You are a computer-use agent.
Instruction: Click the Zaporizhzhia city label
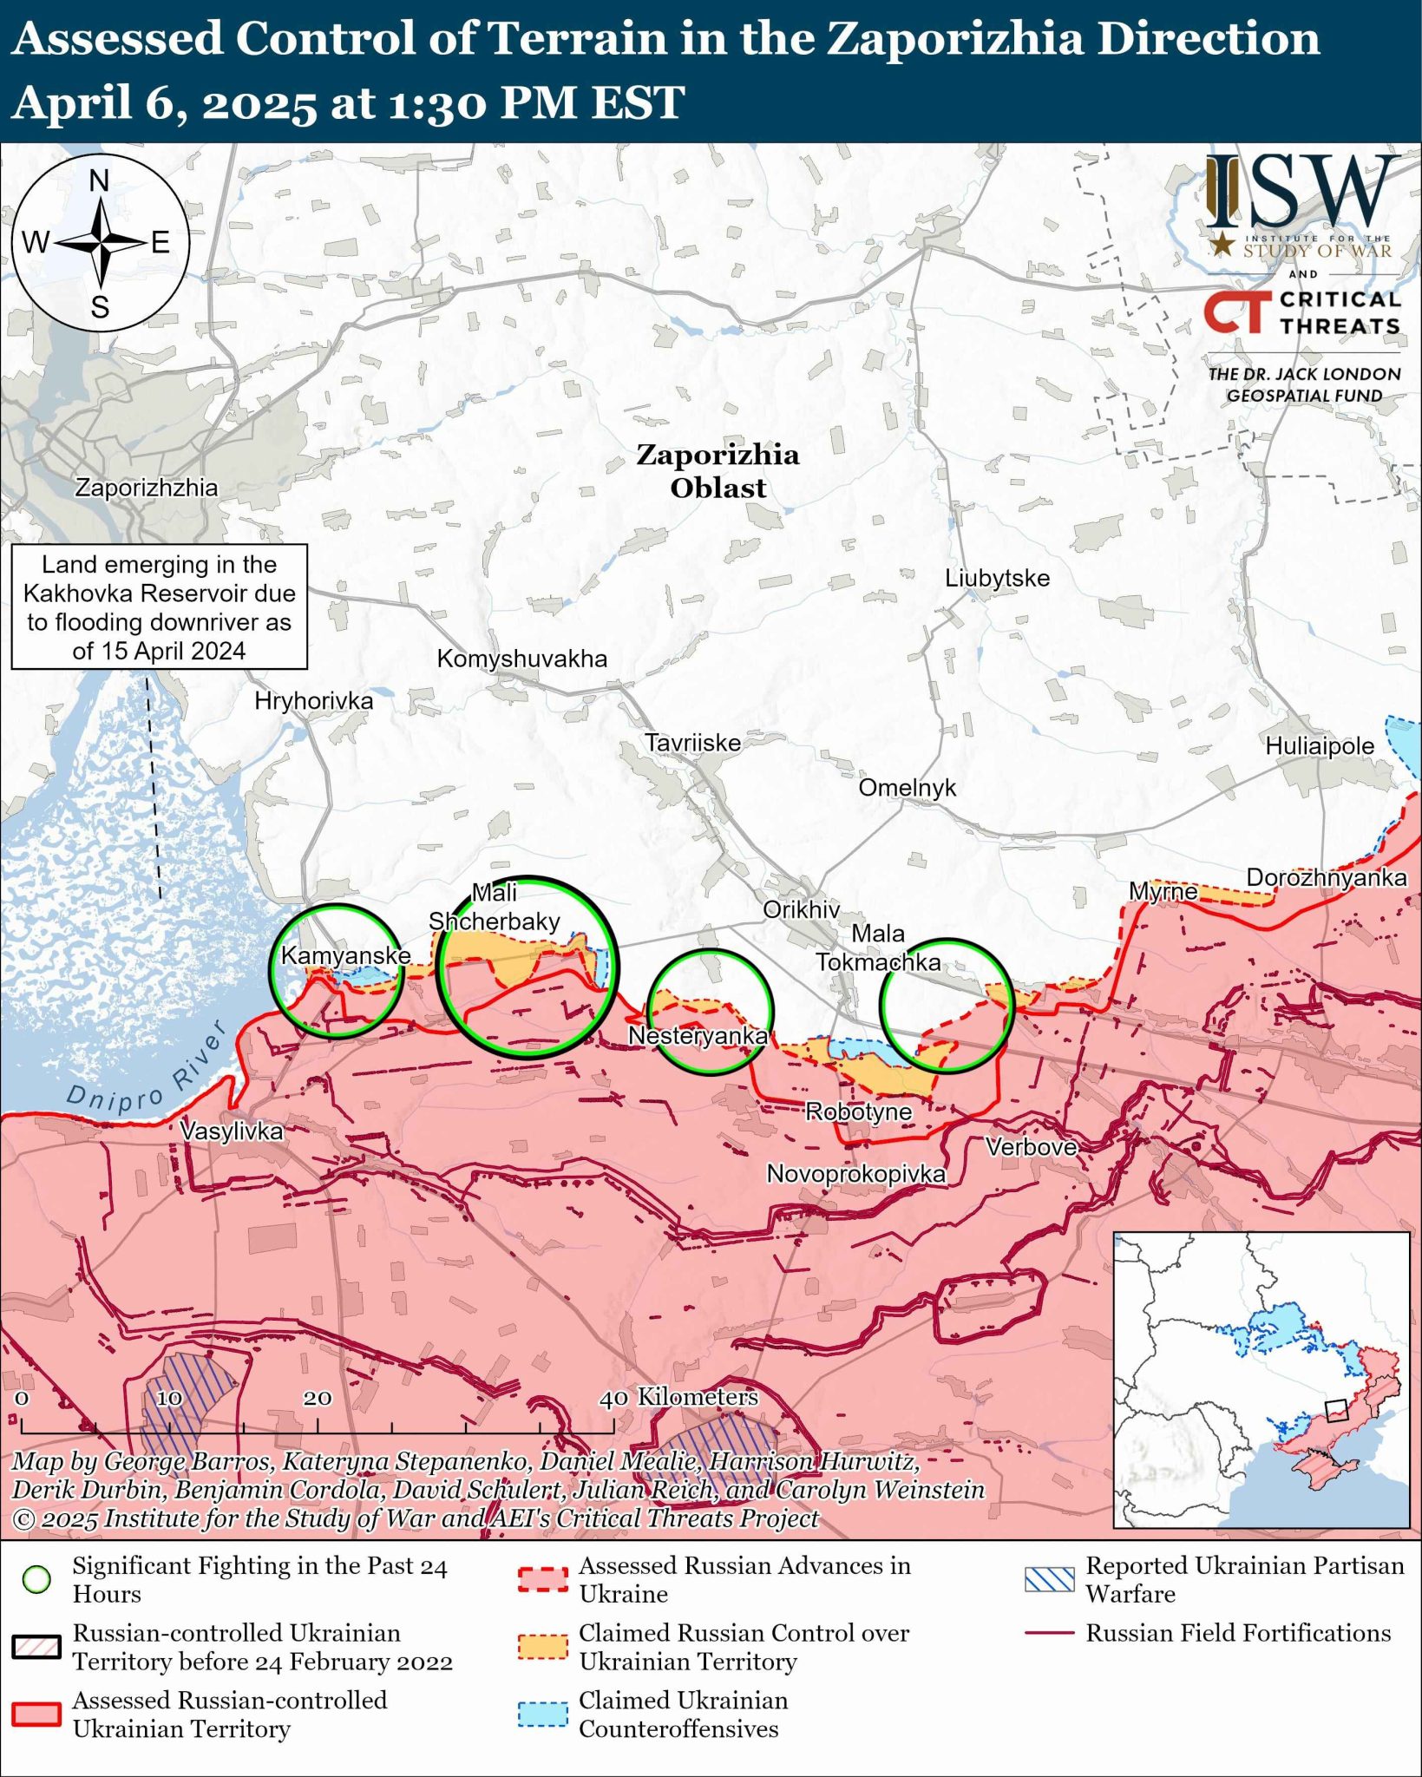(146, 488)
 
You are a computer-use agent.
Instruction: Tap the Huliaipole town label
(1320, 746)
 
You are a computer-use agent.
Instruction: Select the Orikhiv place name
(801, 909)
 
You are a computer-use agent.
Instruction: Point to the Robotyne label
(858, 1111)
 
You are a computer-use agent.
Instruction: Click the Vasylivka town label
(232, 1131)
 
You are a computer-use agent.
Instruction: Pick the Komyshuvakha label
(521, 659)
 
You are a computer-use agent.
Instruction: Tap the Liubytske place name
(997, 578)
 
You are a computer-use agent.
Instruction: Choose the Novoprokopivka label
(855, 1174)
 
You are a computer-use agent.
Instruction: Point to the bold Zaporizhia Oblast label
(718, 471)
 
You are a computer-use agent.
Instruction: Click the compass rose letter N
(100, 181)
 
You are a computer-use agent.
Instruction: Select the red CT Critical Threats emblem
(1233, 312)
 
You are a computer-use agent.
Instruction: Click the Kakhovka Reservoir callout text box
(159, 607)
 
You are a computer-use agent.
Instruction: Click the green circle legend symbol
(36, 1580)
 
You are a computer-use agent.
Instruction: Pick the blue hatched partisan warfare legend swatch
(1049, 1579)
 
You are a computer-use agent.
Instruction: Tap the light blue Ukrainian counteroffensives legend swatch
(543, 1715)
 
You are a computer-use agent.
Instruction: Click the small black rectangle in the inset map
(1334, 1410)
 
